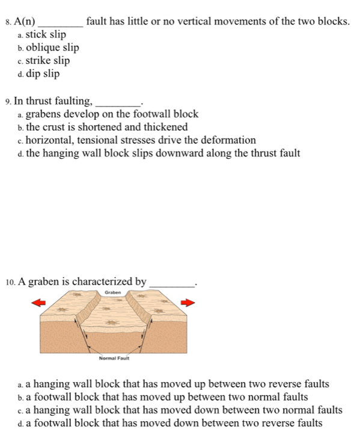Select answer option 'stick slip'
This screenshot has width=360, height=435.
pos(45,34)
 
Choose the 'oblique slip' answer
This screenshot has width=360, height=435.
pos(52,48)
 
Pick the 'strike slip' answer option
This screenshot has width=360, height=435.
pos(47,61)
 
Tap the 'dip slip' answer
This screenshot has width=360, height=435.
pos(42,74)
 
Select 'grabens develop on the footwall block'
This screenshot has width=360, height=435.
pos(112,114)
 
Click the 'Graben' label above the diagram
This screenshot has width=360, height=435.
pos(113,292)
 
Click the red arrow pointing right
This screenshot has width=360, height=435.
pos(189,303)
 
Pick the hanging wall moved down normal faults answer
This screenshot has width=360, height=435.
pos(183,410)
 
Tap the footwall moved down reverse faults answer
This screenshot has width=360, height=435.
pos(174,424)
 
